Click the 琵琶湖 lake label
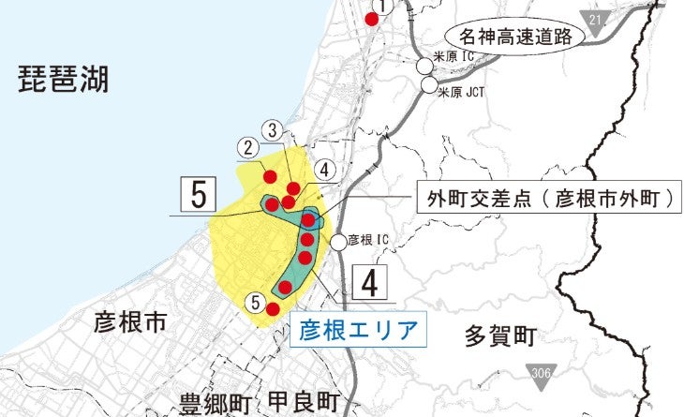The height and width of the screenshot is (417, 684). (64, 81)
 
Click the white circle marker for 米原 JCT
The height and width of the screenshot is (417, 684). (429, 86)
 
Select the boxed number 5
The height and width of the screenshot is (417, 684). (198, 195)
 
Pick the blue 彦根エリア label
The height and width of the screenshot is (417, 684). (358, 330)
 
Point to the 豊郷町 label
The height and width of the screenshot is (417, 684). (216, 404)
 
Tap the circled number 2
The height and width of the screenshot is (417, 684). (248, 147)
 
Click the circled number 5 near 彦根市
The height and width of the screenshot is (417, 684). (255, 301)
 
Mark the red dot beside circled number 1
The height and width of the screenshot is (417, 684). (372, 20)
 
